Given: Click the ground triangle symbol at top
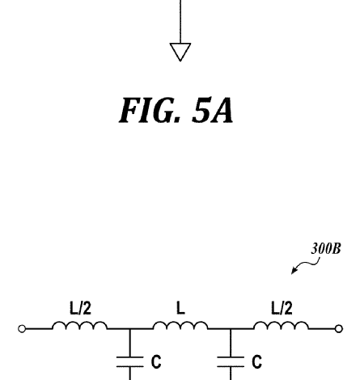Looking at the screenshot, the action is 180,49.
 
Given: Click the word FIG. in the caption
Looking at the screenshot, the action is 149,111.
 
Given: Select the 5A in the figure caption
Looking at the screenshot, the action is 212,110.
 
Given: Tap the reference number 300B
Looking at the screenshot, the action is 326,248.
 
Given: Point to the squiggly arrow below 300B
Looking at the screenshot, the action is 306,265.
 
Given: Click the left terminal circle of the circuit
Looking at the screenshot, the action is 22,329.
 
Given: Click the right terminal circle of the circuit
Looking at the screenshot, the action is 339,329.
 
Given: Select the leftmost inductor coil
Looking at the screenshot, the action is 80,325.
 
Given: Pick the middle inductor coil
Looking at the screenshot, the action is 180,325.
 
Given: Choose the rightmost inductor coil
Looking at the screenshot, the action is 281,325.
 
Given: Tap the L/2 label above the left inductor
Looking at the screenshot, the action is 80,308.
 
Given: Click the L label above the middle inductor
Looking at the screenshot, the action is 180,308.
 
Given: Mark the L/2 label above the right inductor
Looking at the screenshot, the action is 282,308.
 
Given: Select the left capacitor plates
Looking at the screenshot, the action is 129,362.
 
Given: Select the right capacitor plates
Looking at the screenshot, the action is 231,362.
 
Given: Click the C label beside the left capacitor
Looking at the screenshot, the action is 156,361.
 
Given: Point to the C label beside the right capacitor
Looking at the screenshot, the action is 257,361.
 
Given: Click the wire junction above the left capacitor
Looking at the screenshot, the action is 129,329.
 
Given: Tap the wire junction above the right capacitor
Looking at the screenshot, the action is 231,329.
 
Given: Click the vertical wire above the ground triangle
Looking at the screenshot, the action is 180,22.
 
